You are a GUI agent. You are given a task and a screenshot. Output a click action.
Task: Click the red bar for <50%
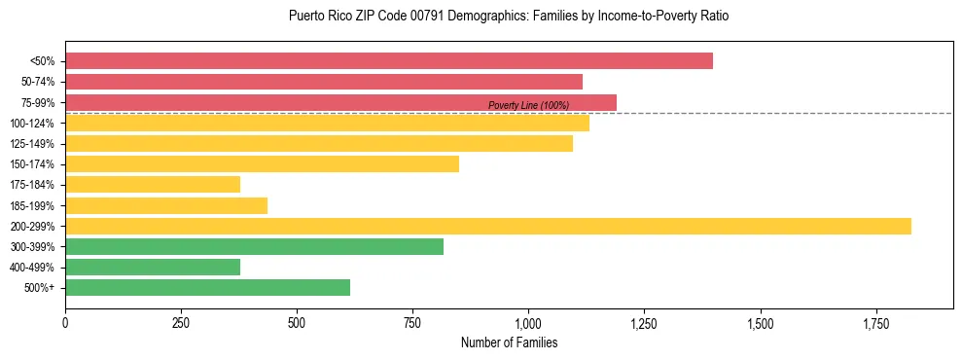pyautogui.click(x=389, y=61)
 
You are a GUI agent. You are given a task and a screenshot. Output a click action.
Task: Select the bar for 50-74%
pyautogui.click(x=324, y=82)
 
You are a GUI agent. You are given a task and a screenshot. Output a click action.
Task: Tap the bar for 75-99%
pyautogui.click(x=340, y=102)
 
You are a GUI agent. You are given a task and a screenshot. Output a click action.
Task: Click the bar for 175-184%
pyautogui.click(x=153, y=185)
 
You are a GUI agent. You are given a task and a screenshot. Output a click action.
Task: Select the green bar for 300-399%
pyautogui.click(x=254, y=246)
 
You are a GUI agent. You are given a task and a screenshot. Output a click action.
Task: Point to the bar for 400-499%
pyautogui.click(x=153, y=267)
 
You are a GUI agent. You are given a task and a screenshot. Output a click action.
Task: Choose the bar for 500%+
pyautogui.click(x=207, y=287)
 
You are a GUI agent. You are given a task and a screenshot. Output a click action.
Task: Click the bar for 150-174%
pyautogui.click(x=262, y=164)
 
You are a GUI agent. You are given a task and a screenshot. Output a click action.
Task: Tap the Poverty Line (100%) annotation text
pyautogui.click(x=528, y=105)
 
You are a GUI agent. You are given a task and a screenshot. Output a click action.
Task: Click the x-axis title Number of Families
pyautogui.click(x=509, y=342)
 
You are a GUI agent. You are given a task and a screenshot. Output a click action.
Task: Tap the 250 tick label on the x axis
pyautogui.click(x=181, y=322)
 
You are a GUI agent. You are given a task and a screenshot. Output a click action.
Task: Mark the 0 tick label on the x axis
pyautogui.click(x=65, y=322)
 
